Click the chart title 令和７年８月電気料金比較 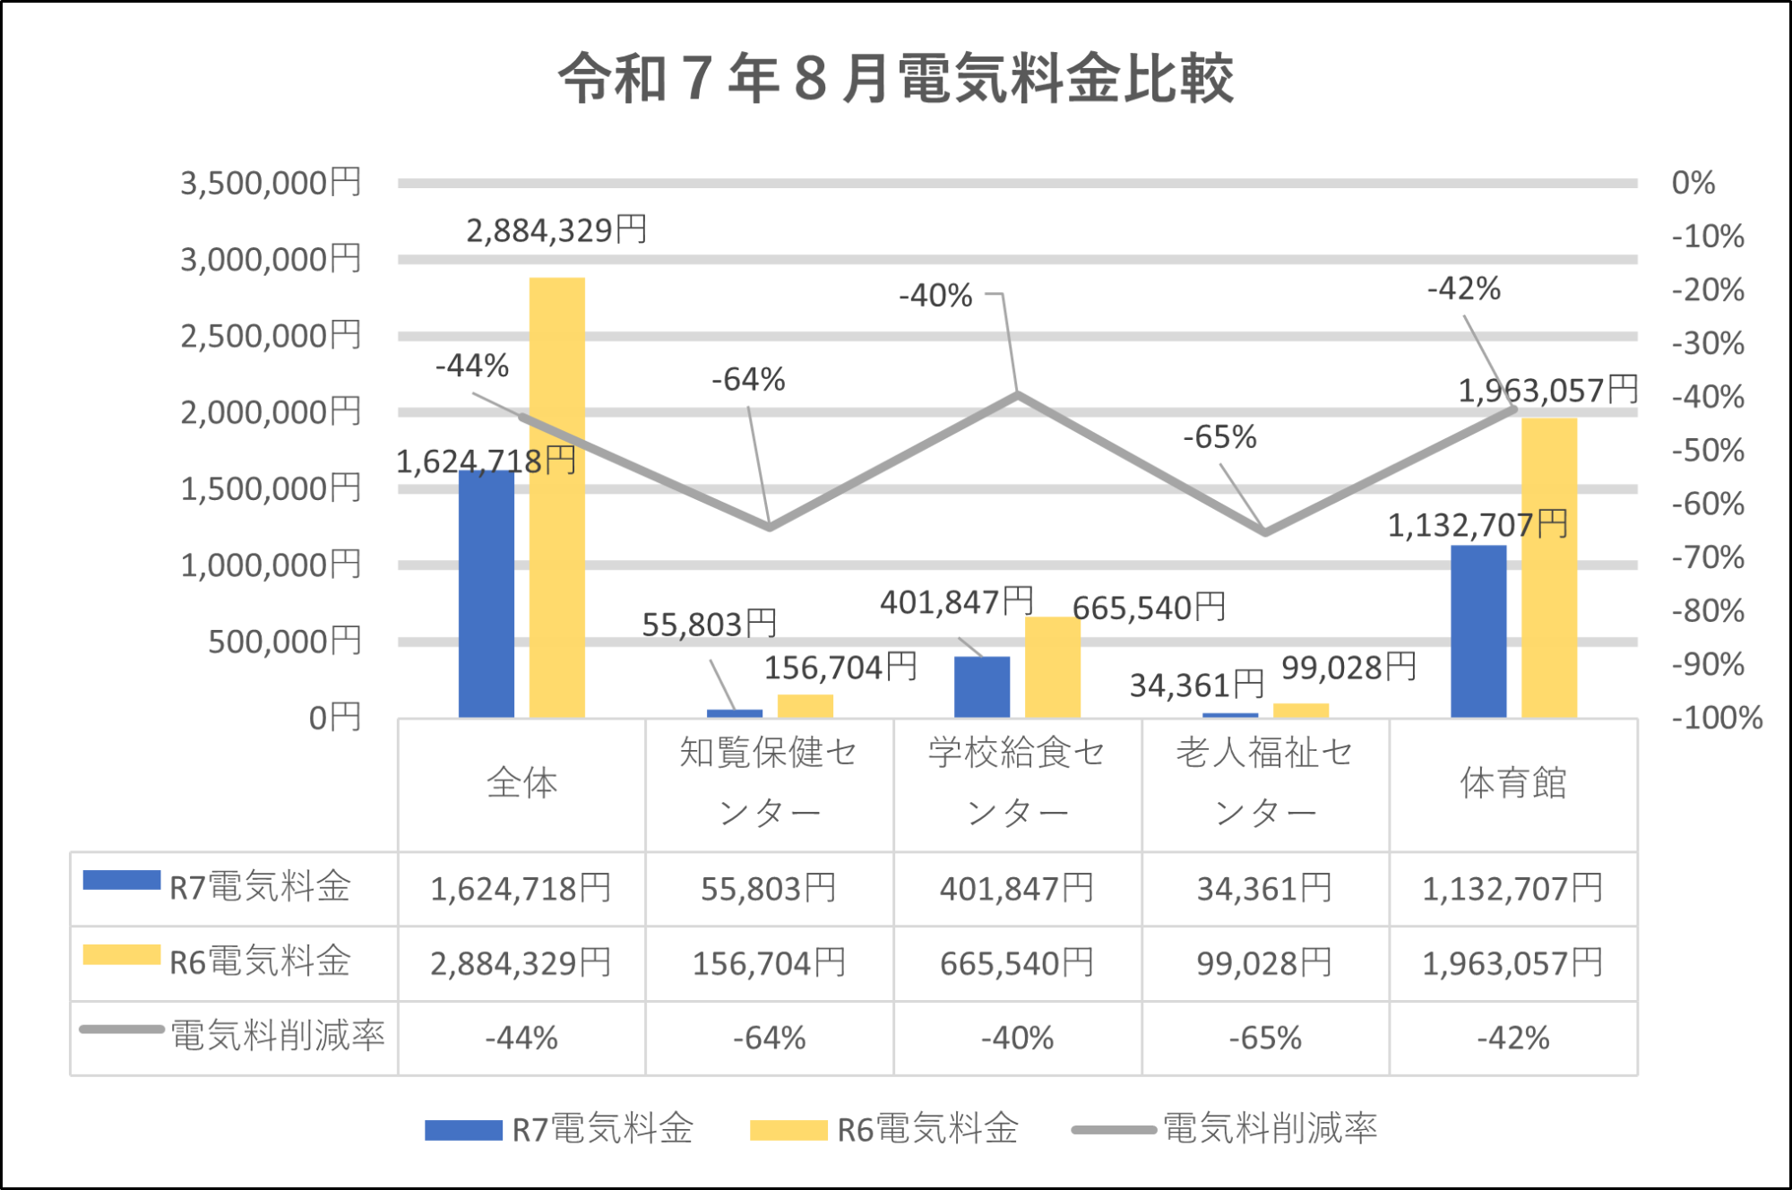click(x=896, y=79)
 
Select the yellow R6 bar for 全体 click(x=556, y=497)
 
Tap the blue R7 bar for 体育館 click(x=1478, y=632)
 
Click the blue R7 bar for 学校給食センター click(x=982, y=687)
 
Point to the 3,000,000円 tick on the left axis click(x=271, y=260)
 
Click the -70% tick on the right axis click(x=1708, y=557)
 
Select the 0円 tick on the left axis click(x=334, y=718)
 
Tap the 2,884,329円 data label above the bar click(x=556, y=230)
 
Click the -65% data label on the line click(x=1219, y=437)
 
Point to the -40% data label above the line click(x=935, y=296)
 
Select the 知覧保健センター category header click(x=769, y=782)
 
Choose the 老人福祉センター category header click(x=1265, y=782)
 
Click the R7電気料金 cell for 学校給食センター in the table click(x=1017, y=889)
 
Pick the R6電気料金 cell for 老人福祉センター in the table click(x=1265, y=963)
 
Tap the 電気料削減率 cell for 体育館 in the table click(x=1513, y=1038)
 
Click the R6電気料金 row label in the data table click(x=260, y=961)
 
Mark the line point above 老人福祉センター click(x=1265, y=532)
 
